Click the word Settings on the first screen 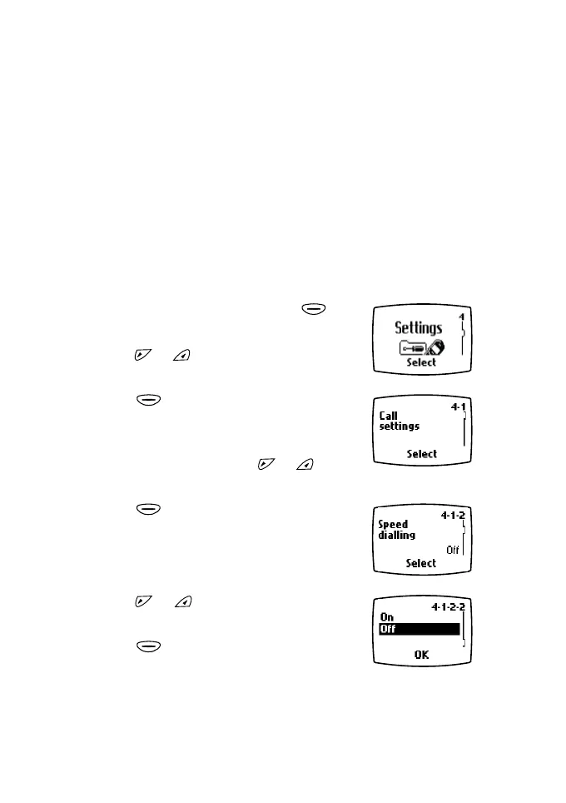coord(418,327)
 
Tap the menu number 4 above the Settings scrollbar coord(461,317)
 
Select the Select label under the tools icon coord(421,363)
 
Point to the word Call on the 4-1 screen coord(388,416)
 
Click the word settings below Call coord(399,426)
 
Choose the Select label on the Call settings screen coord(421,454)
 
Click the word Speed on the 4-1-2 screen coord(393,525)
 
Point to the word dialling coord(396,536)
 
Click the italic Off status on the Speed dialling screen coord(452,550)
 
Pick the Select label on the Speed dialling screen coord(421,563)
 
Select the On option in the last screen coord(386,617)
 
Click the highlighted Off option coord(388,630)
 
